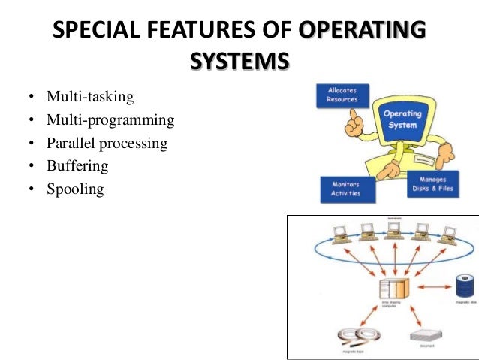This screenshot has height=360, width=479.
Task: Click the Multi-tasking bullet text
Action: (x=90, y=97)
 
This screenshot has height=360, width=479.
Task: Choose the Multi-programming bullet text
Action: (x=110, y=120)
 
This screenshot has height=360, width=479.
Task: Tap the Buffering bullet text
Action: (x=77, y=166)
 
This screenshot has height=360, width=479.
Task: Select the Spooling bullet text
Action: (x=75, y=189)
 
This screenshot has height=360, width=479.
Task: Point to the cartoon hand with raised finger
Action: (x=354, y=120)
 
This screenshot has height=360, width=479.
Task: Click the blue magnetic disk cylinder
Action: (x=463, y=286)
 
